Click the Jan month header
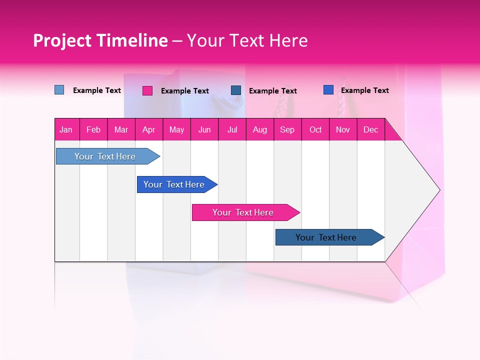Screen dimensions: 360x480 coord(66,129)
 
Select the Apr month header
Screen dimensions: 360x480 coord(149,129)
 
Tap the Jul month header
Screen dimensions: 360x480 coord(232,129)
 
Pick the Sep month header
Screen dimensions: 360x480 coord(287,129)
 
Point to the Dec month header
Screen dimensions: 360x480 coord(370,129)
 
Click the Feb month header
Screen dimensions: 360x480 coord(93,129)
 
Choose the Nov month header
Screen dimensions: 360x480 coord(343,129)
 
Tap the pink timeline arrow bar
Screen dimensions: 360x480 coord(243,212)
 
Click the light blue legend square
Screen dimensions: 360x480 coord(59,90)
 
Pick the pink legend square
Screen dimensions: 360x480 coord(147,90)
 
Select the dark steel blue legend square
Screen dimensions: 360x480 coord(236,90)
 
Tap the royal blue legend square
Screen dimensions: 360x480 coord(328,90)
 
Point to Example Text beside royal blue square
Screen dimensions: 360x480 coord(364,90)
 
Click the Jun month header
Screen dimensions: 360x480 coord(204,129)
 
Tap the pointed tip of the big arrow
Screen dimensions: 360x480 coord(438,190)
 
